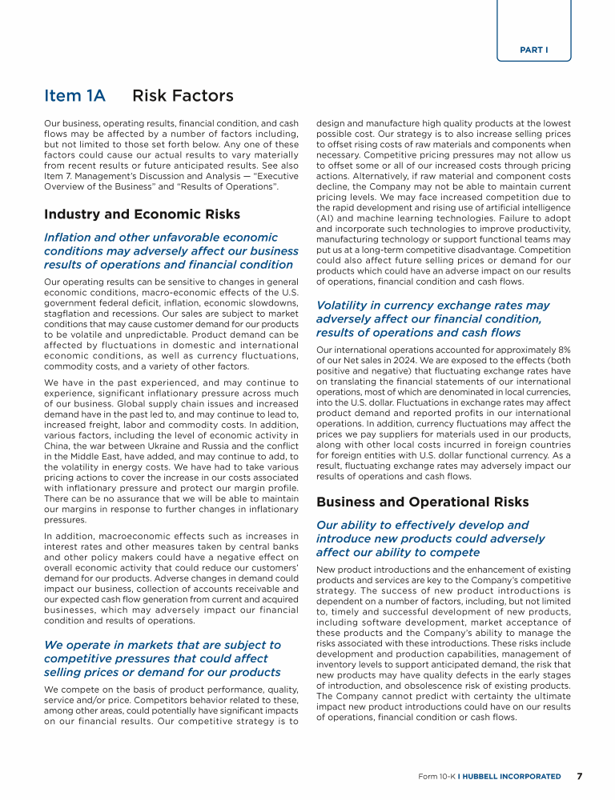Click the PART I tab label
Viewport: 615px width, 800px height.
[534, 50]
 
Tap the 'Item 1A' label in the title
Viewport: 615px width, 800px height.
[74, 97]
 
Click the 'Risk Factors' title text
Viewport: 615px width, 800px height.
[183, 97]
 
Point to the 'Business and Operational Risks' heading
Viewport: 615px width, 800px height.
[422, 502]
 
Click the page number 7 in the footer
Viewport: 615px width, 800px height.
[580, 777]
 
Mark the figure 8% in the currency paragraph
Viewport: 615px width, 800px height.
[563, 349]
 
